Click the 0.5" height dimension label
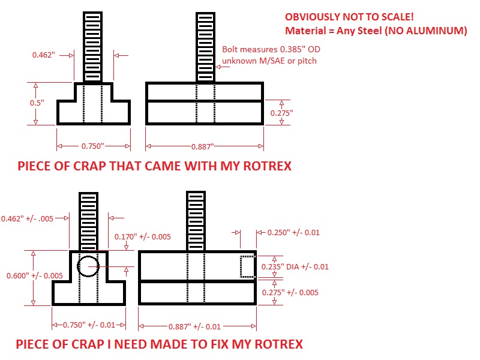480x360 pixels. [x=37, y=103]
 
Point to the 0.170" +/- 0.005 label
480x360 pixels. [x=142, y=236]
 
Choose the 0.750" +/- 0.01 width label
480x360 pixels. [x=89, y=325]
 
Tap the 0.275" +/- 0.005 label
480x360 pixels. [x=291, y=292]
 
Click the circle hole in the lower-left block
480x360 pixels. [x=88, y=265]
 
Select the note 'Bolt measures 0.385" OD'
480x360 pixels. [x=268, y=50]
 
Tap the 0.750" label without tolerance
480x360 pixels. [x=93, y=146]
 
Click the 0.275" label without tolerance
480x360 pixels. [x=279, y=113]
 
